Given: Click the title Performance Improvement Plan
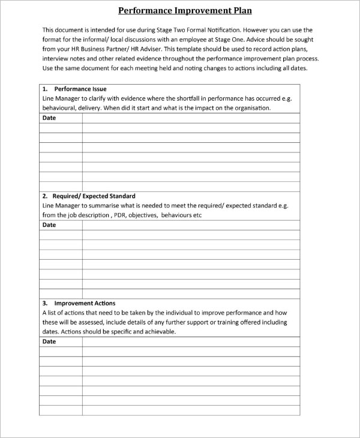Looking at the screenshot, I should coord(184,10).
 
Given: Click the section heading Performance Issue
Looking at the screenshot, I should coord(80,89).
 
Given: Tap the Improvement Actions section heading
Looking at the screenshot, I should coord(85,303).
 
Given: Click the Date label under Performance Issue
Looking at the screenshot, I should coord(49,118).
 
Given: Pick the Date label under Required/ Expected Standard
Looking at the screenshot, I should coord(49,225).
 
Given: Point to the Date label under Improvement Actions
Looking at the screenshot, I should coord(49,341).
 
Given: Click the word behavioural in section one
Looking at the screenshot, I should coord(60,108).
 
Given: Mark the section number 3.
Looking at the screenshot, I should coord(45,303).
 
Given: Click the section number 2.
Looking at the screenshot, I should coord(45,196).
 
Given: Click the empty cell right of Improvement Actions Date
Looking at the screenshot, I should coord(191,341).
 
